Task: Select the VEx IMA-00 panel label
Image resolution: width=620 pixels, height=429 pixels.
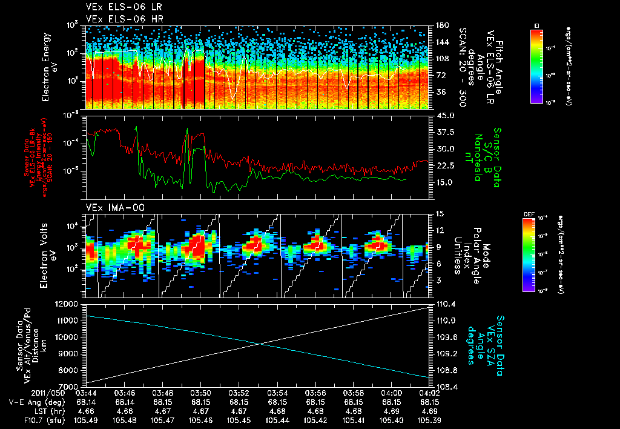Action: pyautogui.click(x=111, y=207)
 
